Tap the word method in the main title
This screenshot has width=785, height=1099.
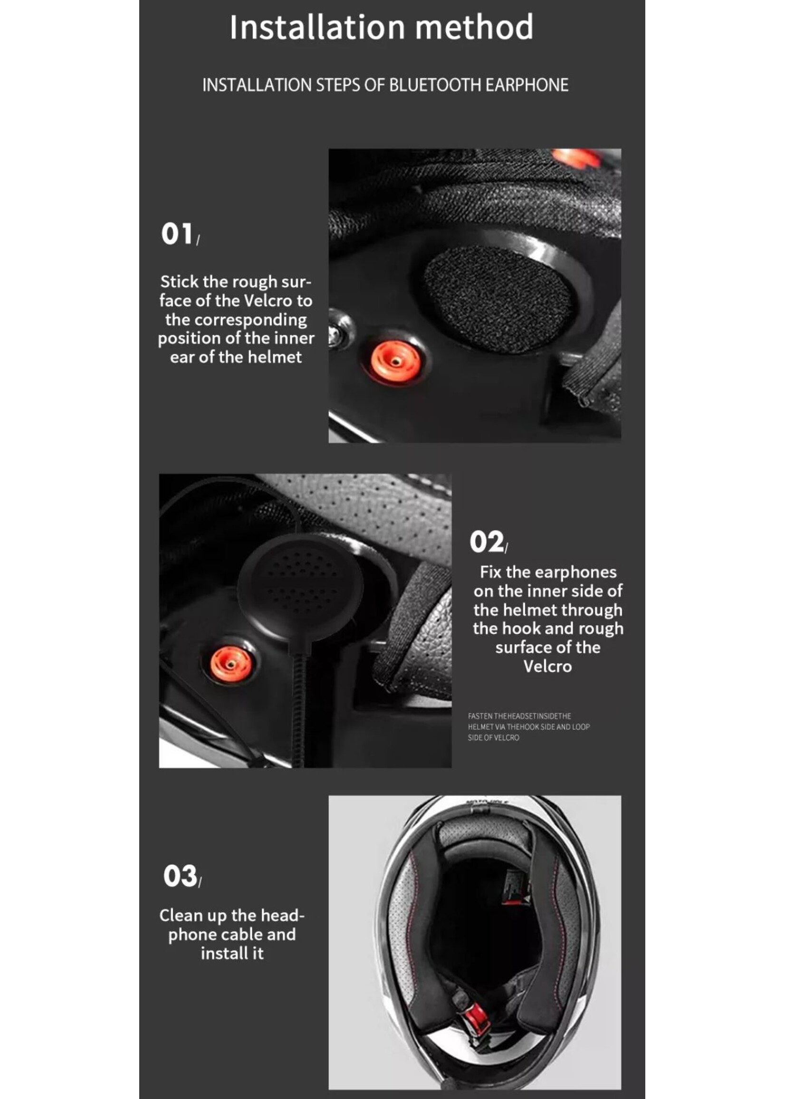pos(474,28)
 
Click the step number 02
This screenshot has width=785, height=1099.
pos(486,542)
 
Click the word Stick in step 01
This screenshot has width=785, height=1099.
pos(179,281)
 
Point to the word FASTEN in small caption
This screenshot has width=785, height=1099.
pos(480,716)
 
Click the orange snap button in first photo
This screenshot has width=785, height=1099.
pos(394,362)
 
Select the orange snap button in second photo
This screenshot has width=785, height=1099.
pos(230,665)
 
